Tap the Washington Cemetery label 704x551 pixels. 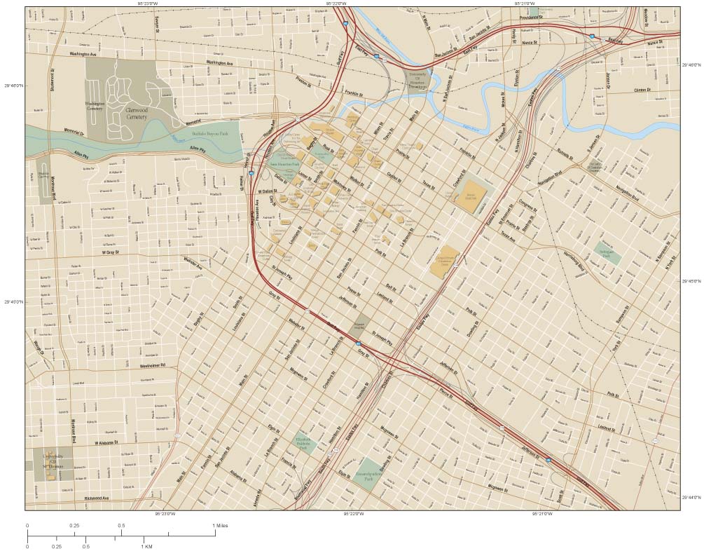click(95, 107)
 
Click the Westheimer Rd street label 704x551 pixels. click(151, 366)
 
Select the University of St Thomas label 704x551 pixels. click(53, 460)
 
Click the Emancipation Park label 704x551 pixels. click(371, 474)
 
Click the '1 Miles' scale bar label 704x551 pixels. click(220, 525)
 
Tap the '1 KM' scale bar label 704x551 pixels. click(148, 546)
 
